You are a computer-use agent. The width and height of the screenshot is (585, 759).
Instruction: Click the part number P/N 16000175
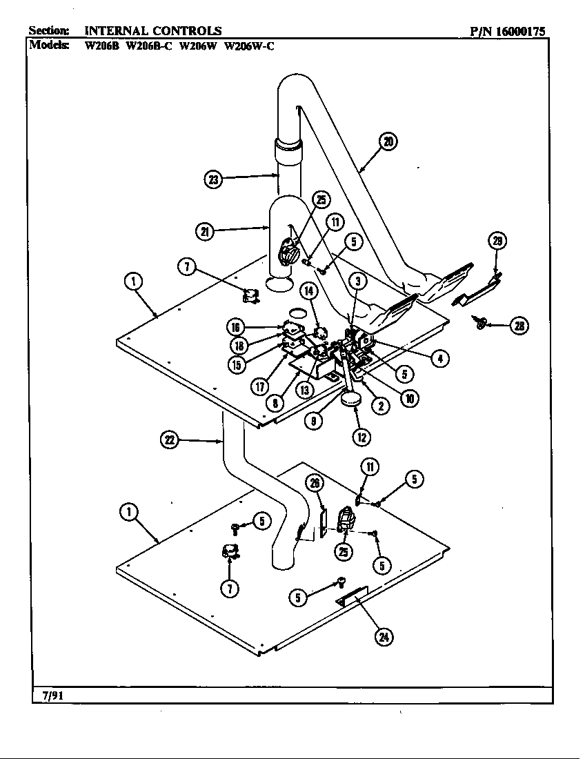[x=508, y=30]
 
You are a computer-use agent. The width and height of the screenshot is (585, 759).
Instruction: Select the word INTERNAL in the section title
[x=116, y=30]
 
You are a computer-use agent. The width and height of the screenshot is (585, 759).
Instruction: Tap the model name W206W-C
[x=250, y=46]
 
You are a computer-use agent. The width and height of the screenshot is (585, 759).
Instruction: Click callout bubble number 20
[x=388, y=142]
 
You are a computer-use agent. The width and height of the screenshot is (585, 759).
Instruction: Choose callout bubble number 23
[x=214, y=180]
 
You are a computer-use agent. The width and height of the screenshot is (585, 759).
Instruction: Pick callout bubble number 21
[x=205, y=232]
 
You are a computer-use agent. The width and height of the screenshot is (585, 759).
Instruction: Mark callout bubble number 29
[x=497, y=241]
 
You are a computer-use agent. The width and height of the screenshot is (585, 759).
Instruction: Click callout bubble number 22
[x=170, y=440]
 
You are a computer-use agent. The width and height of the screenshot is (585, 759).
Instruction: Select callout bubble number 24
[x=381, y=637]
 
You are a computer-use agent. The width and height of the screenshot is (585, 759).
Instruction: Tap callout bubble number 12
[x=361, y=436]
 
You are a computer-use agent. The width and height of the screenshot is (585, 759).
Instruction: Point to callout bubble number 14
[x=309, y=292]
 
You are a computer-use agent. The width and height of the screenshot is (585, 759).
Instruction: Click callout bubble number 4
[x=439, y=357]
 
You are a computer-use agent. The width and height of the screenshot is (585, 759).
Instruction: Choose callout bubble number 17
[x=259, y=386]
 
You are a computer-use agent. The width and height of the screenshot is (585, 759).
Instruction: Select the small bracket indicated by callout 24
[x=353, y=595]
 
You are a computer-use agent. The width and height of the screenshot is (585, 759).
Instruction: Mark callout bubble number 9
[x=315, y=420]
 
